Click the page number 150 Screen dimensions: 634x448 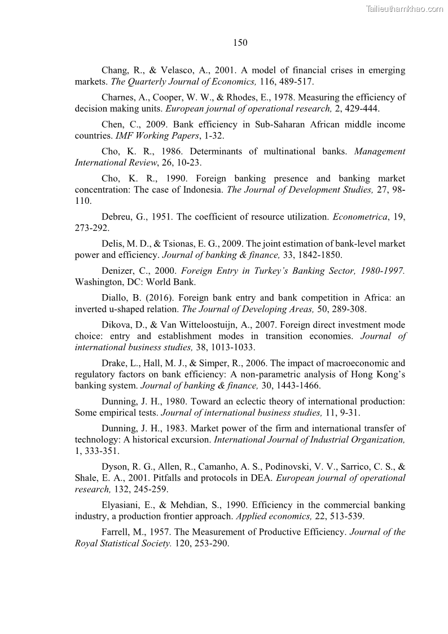coord(240,42)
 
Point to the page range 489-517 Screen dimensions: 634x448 coord(295,81)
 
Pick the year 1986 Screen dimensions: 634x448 coord(173,152)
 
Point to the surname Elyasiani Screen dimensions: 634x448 coord(120,505)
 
